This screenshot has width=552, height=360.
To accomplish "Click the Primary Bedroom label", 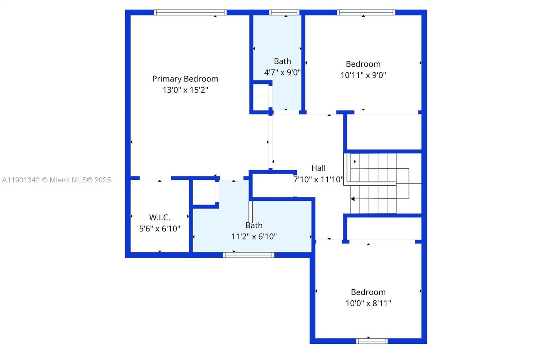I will point(185,79).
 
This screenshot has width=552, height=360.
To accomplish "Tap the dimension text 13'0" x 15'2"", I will point(185,90).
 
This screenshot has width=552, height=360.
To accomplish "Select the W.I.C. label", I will point(159,218).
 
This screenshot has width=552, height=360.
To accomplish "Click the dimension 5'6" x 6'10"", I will point(159,229).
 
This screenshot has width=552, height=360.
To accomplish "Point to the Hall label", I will point(318,168).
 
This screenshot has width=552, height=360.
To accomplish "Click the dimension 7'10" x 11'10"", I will point(318,180).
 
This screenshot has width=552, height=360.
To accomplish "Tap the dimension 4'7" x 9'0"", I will point(282,72).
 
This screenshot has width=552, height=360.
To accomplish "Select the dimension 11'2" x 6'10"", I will point(254,237).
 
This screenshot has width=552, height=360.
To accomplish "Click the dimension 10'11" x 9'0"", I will point(363,75).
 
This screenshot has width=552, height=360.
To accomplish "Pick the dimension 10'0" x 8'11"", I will point(368,303).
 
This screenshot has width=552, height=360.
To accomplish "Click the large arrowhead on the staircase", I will point(353,199).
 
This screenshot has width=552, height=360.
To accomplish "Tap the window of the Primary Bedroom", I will point(190,12).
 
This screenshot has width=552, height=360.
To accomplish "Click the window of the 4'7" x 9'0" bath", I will point(284,12).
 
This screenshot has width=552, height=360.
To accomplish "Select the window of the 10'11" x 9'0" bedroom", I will point(366,12).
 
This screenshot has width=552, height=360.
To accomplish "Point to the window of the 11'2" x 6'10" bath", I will point(248,255).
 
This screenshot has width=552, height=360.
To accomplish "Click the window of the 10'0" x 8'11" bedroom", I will point(372,341).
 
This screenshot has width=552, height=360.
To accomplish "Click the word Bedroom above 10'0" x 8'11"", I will point(368,292).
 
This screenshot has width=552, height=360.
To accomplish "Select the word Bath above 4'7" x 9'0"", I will point(282,61).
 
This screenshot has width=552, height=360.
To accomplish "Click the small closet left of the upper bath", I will point(261,97).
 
